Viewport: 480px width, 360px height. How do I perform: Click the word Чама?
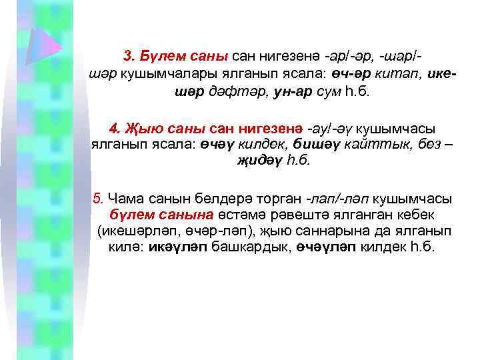click(126, 198)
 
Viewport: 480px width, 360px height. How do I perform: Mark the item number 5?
click(99, 198)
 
